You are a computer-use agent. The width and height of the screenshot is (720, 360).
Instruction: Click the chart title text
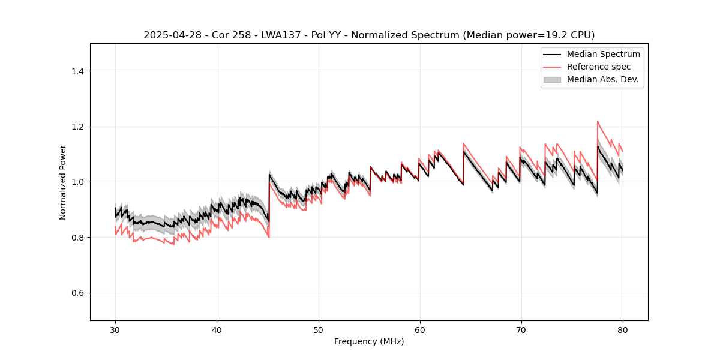pos(369,35)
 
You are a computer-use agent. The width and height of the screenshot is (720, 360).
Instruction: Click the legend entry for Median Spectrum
pos(603,54)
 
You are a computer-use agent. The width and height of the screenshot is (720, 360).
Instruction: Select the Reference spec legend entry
pos(598,67)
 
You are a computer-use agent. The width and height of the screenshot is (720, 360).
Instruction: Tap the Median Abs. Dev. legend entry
pos(602,79)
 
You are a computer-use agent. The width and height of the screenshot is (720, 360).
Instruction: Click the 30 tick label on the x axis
pos(115,330)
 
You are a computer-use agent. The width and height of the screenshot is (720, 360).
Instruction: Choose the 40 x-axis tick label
pos(217,330)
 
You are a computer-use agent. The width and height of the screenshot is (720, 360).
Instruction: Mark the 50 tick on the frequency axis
pos(319,330)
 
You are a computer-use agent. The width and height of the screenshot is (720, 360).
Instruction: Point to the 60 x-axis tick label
pos(420,330)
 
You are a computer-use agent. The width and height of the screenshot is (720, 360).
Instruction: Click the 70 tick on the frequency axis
pos(521,330)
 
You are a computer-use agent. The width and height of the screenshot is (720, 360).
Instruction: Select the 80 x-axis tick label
pos(623,330)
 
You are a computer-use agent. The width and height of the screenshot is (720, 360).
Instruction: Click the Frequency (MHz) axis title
pos(369,341)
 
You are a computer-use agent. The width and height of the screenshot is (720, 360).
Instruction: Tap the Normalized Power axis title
pos(63,182)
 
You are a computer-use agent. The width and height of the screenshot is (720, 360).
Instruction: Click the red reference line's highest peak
pos(598,121)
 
